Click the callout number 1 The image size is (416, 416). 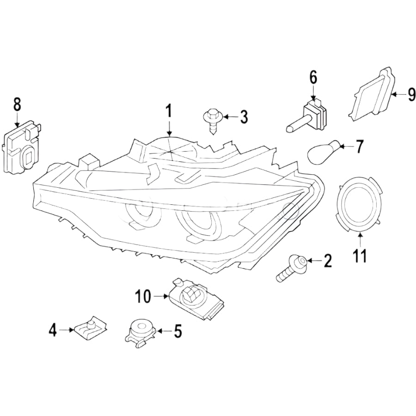(169, 111)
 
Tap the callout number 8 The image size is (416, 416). (17, 104)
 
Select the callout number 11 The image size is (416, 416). (360, 255)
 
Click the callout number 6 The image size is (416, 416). (313, 77)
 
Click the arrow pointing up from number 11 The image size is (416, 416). (360, 239)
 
